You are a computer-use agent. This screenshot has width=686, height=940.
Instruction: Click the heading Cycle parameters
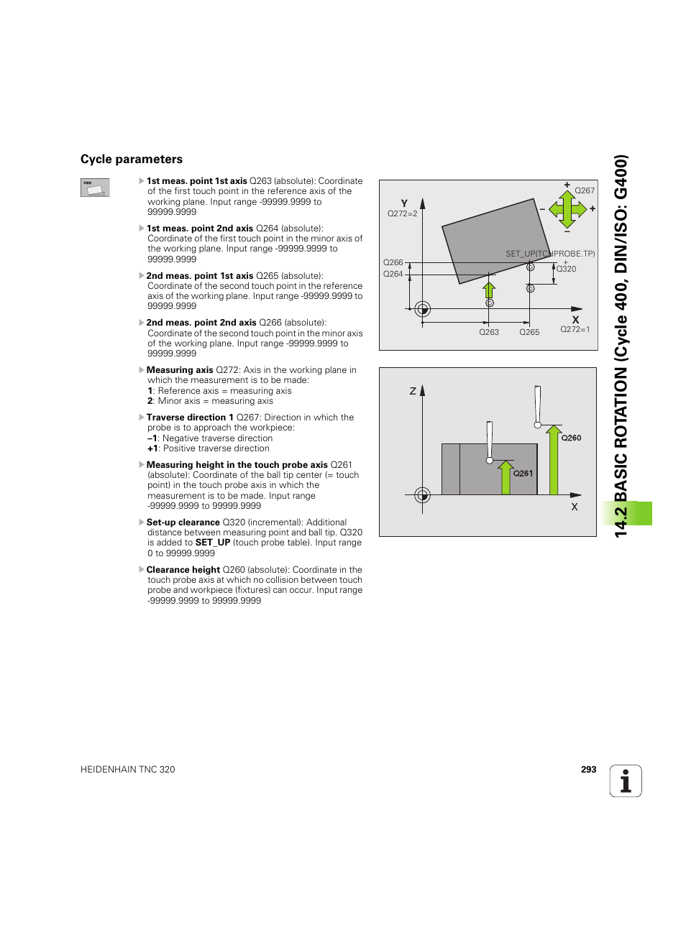[132, 160]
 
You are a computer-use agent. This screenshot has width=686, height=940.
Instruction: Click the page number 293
[588, 769]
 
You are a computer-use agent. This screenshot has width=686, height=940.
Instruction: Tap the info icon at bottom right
[626, 781]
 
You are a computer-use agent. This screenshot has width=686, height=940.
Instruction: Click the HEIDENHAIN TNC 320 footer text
[128, 770]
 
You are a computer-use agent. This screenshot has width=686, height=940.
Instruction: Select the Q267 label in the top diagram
[585, 191]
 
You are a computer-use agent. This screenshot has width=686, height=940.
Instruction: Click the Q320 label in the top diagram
[567, 269]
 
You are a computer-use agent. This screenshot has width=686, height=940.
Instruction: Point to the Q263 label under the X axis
[489, 333]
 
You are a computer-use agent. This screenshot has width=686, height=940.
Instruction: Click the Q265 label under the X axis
[529, 333]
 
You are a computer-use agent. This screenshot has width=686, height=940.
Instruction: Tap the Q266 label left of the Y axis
[393, 263]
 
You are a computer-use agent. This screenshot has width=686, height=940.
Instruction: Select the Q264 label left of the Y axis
[393, 275]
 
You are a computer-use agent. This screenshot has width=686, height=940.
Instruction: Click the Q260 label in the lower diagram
[571, 438]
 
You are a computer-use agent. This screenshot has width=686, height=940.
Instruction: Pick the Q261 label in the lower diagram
[523, 474]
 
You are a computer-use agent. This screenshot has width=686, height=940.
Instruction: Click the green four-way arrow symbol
[567, 209]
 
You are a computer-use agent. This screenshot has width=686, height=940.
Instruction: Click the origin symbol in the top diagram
[423, 310]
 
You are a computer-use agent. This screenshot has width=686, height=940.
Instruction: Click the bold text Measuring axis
[180, 370]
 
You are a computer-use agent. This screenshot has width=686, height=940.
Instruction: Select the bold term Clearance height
[183, 570]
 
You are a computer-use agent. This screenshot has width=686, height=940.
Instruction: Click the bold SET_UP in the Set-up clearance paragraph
[213, 543]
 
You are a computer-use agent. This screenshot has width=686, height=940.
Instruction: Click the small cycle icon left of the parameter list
[95, 188]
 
